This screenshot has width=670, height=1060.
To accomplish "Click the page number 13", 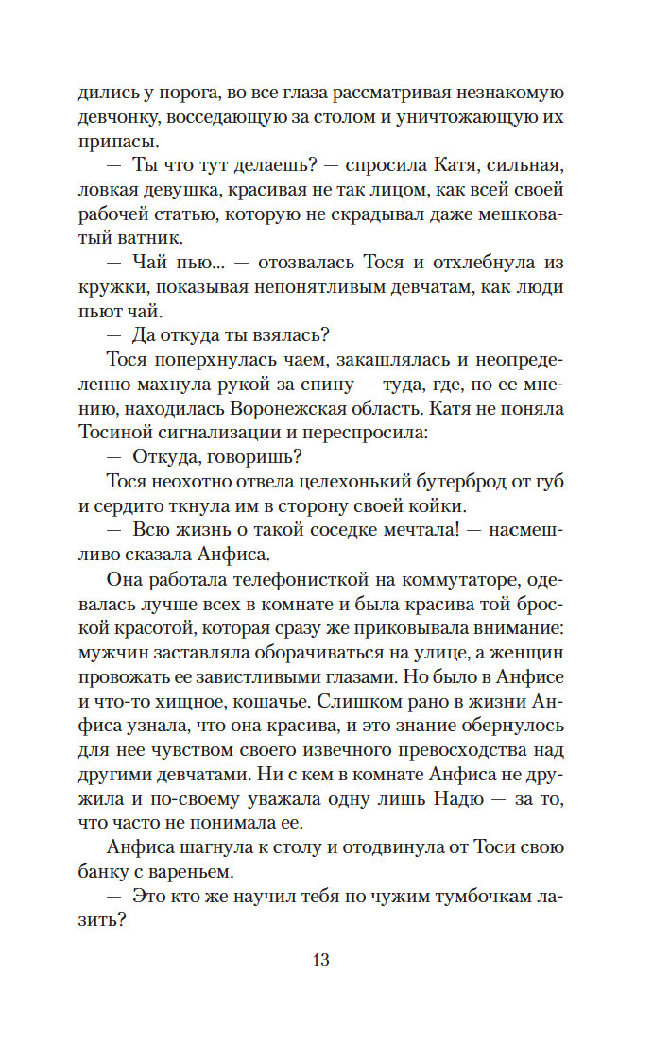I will [319, 960].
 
